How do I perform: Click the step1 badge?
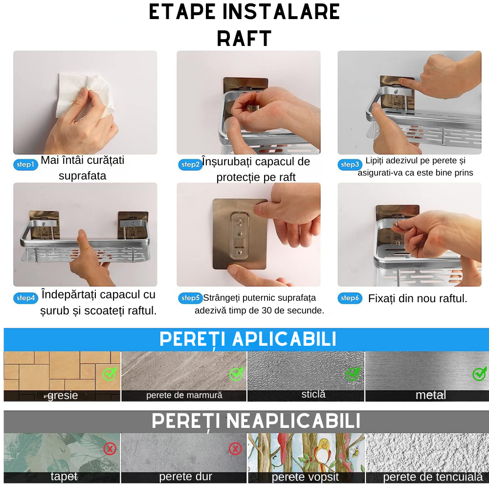point(25,165)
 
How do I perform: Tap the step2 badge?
point(190,165)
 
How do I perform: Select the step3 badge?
point(350,165)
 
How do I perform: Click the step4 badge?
point(25,298)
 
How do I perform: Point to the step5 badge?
point(190,298)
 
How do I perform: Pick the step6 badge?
point(350,298)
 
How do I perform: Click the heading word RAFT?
point(244,39)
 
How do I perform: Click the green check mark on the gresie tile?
point(109,374)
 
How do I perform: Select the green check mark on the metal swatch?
point(479,374)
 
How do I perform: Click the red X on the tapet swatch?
point(110,448)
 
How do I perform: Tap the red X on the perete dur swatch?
point(235,448)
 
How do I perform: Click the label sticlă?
point(313,394)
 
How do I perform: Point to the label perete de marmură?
point(184,395)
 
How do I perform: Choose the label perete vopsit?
point(305,477)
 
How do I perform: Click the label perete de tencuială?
point(433,477)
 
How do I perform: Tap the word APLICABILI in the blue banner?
point(284,339)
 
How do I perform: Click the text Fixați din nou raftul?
point(418,298)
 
